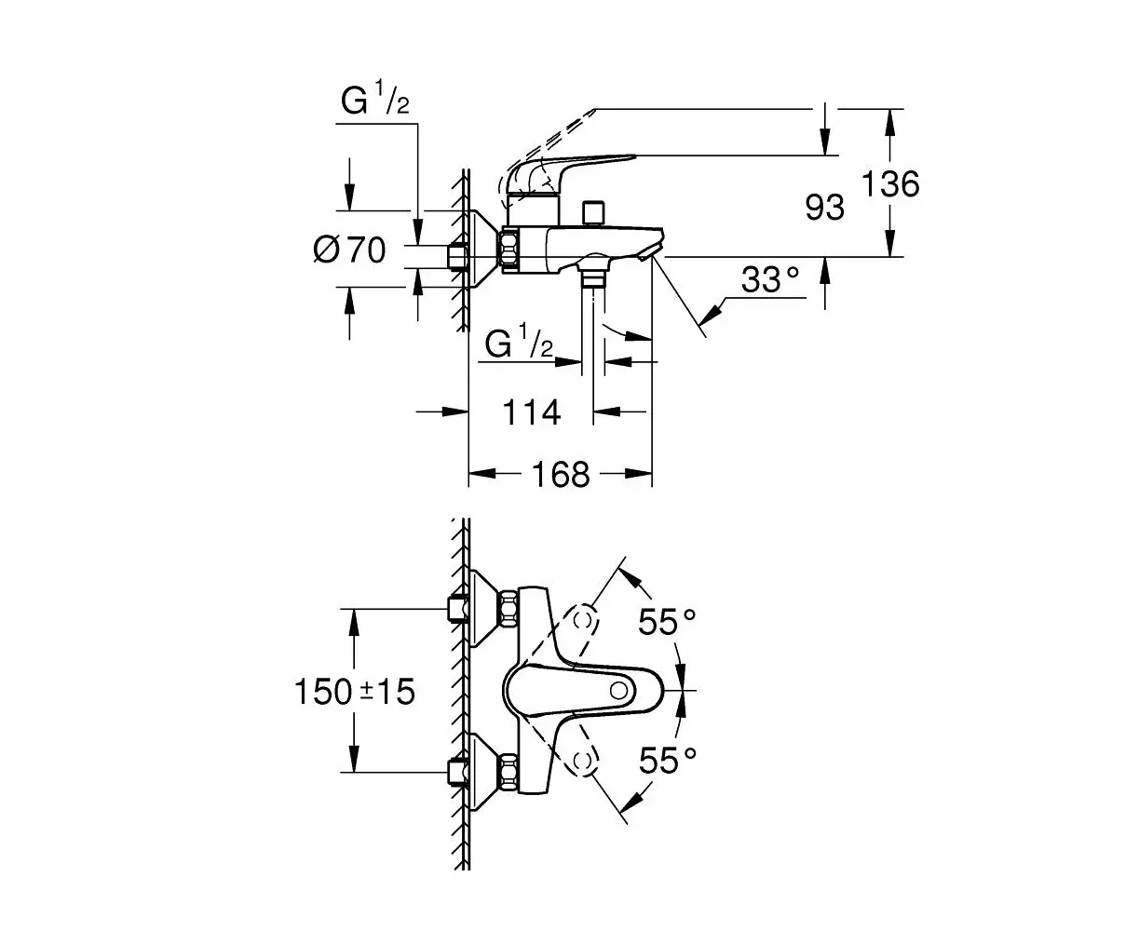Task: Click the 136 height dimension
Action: (x=890, y=183)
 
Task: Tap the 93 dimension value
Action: (x=824, y=208)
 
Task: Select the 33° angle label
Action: (x=769, y=279)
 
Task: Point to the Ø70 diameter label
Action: (x=349, y=250)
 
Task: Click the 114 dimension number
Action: (x=532, y=412)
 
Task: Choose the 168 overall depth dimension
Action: (x=561, y=474)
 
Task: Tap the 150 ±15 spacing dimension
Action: (x=354, y=691)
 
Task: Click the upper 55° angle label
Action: (x=667, y=621)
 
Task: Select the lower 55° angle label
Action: (x=667, y=761)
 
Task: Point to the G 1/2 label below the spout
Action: (x=519, y=341)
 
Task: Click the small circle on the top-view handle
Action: (x=618, y=690)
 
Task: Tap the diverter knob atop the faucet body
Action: (x=593, y=214)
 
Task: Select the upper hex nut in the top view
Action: (x=508, y=609)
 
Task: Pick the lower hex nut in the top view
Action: (x=508, y=773)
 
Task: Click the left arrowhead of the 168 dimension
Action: (x=481, y=474)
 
